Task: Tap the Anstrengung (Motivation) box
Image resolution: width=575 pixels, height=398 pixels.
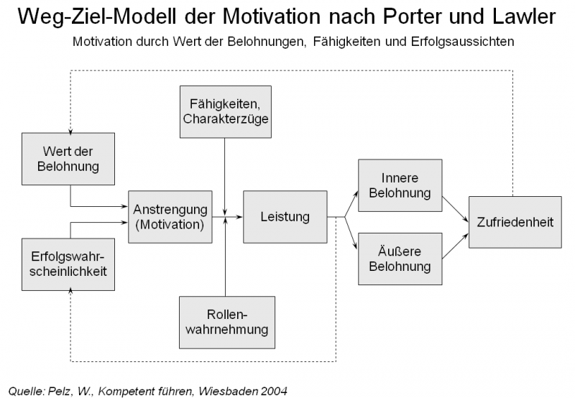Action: point(170,216)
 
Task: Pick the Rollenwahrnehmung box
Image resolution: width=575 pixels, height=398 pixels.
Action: point(225,323)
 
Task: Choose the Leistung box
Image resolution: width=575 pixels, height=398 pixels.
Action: point(285,216)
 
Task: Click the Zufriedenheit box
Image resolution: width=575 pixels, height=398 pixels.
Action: point(515,222)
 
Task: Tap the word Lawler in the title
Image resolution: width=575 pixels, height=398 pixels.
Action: point(528,17)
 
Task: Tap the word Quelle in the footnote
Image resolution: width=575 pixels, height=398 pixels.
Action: point(23,390)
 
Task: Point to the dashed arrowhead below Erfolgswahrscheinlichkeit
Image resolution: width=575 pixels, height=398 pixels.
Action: point(70,291)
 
